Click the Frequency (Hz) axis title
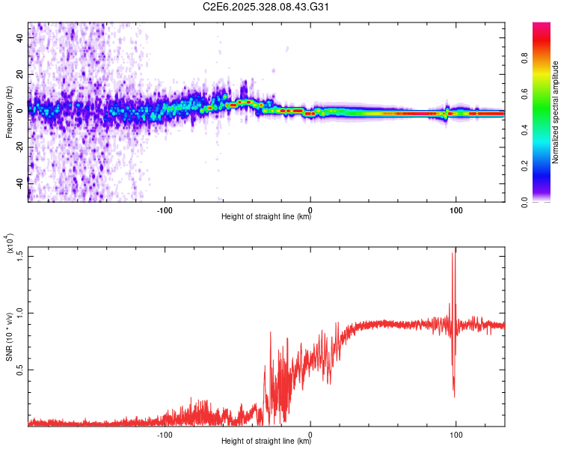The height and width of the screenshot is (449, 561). tap(10, 112)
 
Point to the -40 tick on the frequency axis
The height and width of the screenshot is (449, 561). tap(22, 181)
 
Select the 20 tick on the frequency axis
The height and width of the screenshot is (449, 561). tap(22, 73)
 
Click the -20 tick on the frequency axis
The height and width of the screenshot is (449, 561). tap(22, 145)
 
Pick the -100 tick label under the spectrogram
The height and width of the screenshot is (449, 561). tap(165, 209)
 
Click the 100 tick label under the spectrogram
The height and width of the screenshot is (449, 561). tap(456, 209)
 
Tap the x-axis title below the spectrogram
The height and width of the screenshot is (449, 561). tap(266, 217)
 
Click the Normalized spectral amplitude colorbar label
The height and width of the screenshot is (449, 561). tap(556, 112)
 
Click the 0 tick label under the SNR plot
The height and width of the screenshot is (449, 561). tap(310, 433)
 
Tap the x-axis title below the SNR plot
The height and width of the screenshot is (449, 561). tap(266, 442)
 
